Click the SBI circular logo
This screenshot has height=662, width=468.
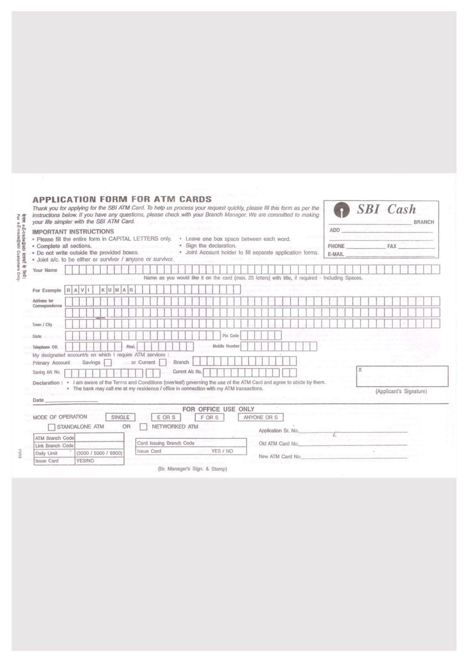pos(342,210)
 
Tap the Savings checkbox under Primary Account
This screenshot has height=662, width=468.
pos(108,363)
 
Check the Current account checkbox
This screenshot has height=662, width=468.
pos(162,363)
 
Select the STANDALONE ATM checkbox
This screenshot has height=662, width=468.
pos(52,427)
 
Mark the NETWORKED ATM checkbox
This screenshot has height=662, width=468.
pos(144,427)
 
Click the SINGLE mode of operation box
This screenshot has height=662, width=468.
pos(120,417)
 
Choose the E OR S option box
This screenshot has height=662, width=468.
pos(166,417)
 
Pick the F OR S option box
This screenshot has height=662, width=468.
pos(209,417)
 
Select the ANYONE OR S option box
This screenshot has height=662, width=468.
pos(260,417)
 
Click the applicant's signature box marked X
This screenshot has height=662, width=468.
pos(402,376)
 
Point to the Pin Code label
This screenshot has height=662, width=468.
pos(231,336)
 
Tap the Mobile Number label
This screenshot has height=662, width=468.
pos(226,346)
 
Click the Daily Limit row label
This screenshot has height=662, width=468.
pos(47,453)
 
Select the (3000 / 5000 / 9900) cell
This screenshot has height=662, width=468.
pos(99,453)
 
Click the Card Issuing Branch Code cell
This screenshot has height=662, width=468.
pos(165,443)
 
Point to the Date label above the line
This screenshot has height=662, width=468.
pos(38,400)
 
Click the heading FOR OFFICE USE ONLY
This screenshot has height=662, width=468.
pos(218,409)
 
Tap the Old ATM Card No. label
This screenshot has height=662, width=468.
pos(278,443)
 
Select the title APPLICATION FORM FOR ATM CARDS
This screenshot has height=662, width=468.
pos(122,200)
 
